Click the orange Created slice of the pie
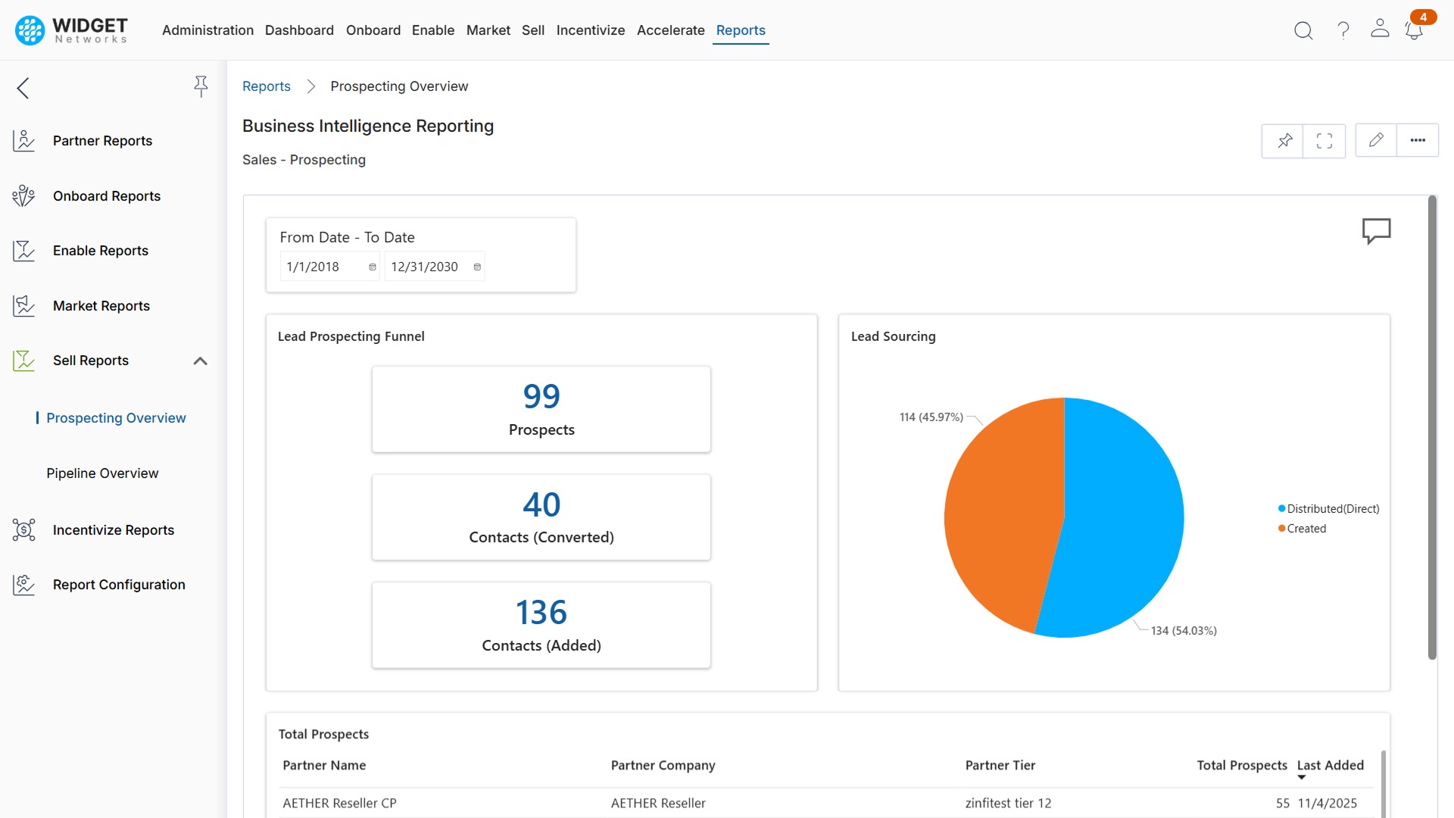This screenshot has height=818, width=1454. (1000, 515)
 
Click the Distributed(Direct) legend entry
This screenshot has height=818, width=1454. (1332, 509)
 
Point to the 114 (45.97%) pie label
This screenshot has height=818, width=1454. (931, 417)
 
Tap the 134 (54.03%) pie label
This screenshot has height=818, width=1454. (1183, 631)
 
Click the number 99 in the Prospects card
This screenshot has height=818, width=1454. (541, 396)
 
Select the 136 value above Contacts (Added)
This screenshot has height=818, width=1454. (541, 612)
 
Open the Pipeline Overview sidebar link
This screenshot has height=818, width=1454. (102, 473)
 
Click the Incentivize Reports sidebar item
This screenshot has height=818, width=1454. (113, 530)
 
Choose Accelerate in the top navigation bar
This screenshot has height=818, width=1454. (670, 30)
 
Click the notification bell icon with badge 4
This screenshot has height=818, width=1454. (1413, 30)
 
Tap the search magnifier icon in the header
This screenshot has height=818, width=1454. (1303, 30)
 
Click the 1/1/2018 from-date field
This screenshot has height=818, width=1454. (322, 267)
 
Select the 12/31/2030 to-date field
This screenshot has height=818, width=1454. (426, 267)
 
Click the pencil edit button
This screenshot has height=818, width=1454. (1376, 140)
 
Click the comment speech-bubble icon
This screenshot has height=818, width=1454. (1376, 230)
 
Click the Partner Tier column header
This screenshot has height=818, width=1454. (1000, 765)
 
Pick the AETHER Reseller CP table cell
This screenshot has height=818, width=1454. (339, 803)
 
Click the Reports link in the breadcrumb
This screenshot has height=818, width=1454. (266, 86)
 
